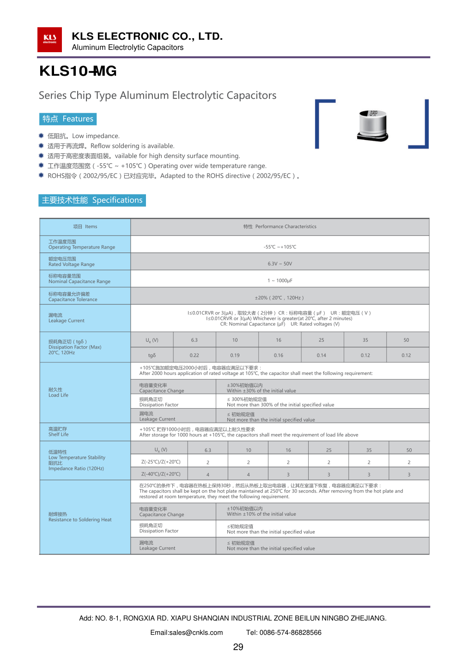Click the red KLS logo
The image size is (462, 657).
coord(49,40)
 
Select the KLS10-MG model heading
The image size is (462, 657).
coord(78,71)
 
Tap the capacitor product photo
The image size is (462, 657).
coord(372,125)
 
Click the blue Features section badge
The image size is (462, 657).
coord(68,119)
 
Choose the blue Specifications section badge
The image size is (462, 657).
coord(92,200)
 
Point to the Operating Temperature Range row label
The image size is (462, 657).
coord(81,245)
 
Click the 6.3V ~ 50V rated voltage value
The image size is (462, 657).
coord(280,264)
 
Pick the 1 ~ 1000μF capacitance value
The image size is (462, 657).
coord(280,281)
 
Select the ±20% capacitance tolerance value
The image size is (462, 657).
coord(280,298)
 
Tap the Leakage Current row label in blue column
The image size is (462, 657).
coord(67,318)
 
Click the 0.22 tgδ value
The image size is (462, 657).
coord(194,356)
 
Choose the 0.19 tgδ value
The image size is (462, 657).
coord(235,356)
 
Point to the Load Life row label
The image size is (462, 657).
coord(58,392)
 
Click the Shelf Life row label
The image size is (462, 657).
coord(58,432)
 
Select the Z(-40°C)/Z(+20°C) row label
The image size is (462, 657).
coord(161,474)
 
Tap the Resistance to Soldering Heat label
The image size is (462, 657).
coord(80,517)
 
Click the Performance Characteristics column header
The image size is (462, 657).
coord(280,227)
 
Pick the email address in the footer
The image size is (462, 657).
coord(187,633)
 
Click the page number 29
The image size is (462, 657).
coord(238,647)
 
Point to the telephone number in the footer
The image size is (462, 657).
coord(284,633)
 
